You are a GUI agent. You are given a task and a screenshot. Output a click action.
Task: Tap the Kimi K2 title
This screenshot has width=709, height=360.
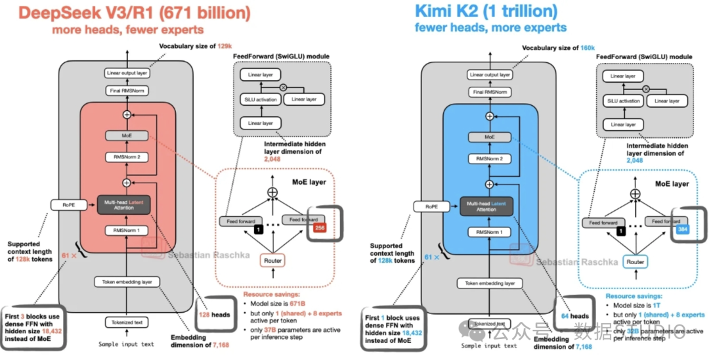pos(485,11)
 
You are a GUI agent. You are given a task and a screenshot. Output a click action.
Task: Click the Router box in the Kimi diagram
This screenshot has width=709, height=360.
pos(635,261)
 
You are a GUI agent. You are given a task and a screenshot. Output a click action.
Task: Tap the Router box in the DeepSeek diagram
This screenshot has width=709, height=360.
pos(273,261)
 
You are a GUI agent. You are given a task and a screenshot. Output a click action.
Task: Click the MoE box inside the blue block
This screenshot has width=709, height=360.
pos(489,137)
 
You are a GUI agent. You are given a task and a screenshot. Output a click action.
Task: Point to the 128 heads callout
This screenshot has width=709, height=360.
pos(213,315)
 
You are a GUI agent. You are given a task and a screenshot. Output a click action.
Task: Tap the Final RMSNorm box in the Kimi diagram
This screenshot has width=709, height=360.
pos(489,92)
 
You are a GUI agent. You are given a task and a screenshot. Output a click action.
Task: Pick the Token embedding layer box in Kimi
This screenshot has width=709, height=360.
pos(490,283)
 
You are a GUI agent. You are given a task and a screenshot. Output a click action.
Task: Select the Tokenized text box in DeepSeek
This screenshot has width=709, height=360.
pos(127,323)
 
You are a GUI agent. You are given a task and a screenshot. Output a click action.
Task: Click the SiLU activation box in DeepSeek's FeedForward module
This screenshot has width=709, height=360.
pos(258,99)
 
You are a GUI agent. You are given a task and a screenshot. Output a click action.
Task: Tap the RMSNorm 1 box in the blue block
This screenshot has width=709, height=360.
pos(489,231)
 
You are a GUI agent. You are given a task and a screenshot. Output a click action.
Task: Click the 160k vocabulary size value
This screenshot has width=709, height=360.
pos(588,48)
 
